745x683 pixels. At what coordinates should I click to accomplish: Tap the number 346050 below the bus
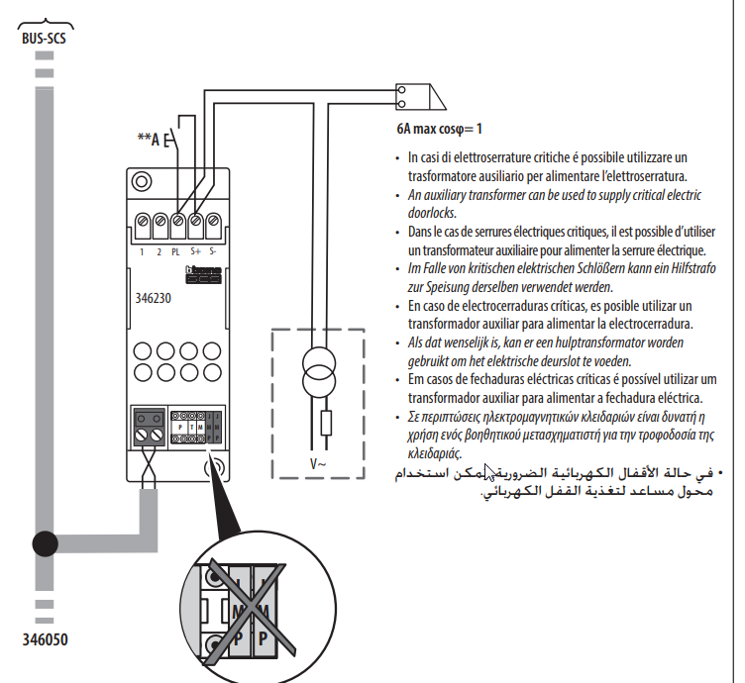click(x=45, y=638)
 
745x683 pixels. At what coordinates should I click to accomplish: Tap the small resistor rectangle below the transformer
click(x=327, y=427)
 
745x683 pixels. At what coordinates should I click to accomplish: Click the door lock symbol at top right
click(x=415, y=96)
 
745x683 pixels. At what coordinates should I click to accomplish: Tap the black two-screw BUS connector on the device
click(x=151, y=425)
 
